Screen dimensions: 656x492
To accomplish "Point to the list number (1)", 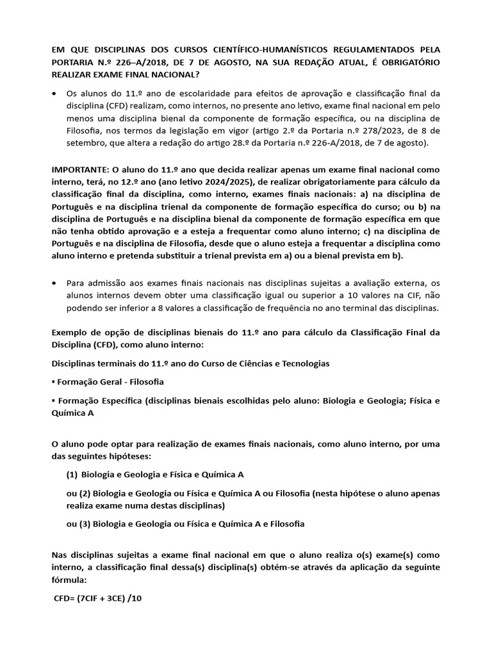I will (72, 474).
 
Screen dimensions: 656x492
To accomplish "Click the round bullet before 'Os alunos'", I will (54, 94).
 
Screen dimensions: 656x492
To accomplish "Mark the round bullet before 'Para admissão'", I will (54, 283).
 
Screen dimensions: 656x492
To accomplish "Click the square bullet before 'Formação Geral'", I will (53, 382).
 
